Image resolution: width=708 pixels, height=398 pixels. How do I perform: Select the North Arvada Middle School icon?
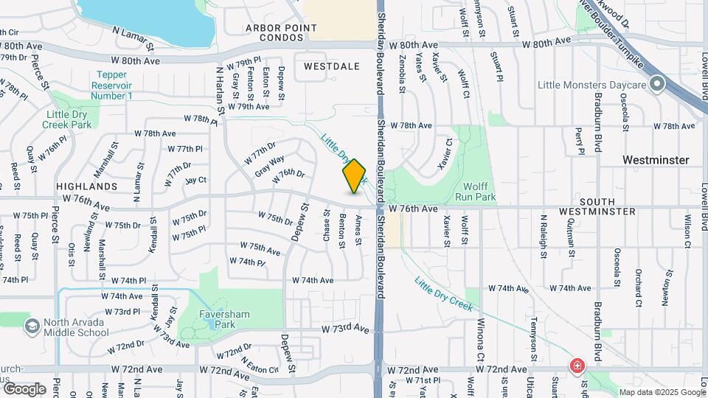click(x=32, y=326)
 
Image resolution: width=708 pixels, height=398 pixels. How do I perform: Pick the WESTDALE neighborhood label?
click(x=332, y=66)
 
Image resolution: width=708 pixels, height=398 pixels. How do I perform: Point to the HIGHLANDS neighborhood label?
click(x=86, y=187)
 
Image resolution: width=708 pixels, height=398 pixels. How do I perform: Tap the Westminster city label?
click(x=656, y=160)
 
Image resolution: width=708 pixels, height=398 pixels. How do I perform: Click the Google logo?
click(x=24, y=388)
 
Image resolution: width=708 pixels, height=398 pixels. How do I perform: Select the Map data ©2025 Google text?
click(x=662, y=392)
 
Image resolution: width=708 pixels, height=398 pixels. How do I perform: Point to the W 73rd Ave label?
click(x=344, y=327)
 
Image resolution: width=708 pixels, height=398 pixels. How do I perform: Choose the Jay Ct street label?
click(x=195, y=180)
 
